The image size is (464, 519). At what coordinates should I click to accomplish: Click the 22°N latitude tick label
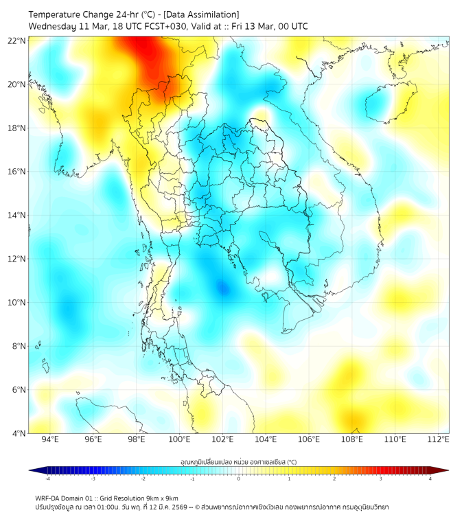[x=17, y=41]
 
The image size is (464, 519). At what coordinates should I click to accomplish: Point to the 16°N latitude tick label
[x=17, y=172]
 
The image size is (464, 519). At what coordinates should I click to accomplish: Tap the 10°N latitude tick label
[x=17, y=303]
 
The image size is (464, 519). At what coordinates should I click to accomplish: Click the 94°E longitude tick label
[x=50, y=439]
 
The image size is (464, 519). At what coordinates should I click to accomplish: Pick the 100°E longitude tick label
[x=179, y=439]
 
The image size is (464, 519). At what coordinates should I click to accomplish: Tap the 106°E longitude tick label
[x=309, y=439]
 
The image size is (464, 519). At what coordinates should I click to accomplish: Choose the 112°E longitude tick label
[x=438, y=439]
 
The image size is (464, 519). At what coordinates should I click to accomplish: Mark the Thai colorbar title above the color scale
[x=238, y=461]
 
